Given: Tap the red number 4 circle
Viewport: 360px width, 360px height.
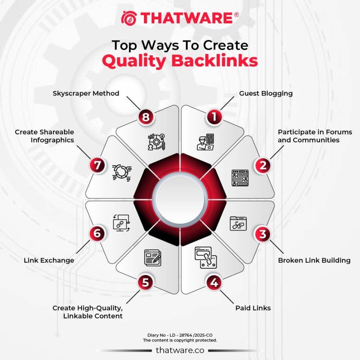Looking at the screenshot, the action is click(214, 283).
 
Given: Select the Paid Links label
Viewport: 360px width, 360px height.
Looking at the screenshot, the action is click(253, 308).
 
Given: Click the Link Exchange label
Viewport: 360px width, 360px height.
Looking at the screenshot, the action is click(49, 260).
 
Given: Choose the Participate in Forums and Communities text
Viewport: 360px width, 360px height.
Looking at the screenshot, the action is click(308, 136).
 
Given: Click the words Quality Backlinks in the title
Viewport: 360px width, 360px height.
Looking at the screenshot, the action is click(180, 61).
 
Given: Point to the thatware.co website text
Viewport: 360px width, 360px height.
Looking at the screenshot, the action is click(180, 350).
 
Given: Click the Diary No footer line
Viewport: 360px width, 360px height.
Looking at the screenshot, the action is click(180, 335).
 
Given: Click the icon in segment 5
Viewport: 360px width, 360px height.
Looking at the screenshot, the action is click(152, 257).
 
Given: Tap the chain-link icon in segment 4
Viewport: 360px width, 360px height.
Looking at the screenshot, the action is click(205, 258).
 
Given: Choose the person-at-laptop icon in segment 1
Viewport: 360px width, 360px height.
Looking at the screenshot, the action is click(205, 141).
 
